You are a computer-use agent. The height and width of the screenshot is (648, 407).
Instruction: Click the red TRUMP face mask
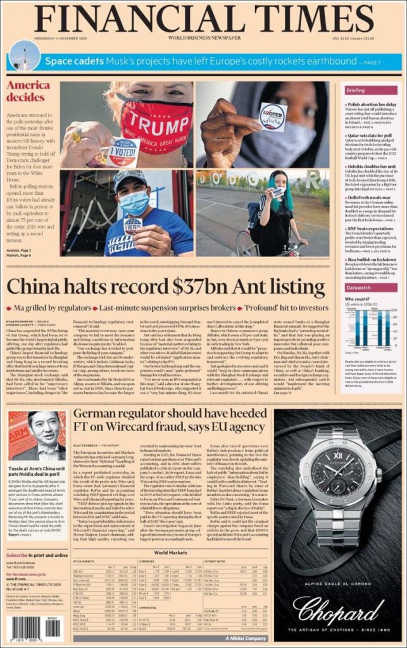click(x=156, y=123)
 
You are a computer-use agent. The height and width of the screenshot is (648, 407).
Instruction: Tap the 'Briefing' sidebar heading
click(x=355, y=90)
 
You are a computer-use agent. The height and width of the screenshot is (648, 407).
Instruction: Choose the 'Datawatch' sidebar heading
click(x=358, y=287)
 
